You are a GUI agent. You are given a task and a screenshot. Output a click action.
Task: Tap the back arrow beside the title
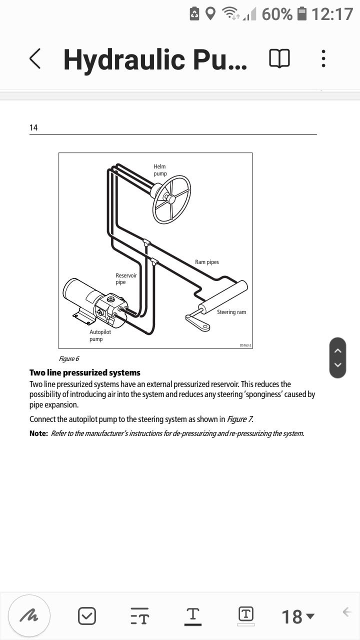(x=34, y=59)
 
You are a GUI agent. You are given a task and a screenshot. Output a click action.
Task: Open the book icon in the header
(x=279, y=59)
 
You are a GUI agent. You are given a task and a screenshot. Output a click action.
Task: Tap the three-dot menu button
(x=323, y=59)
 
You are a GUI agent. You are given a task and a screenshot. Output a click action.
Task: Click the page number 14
(x=33, y=127)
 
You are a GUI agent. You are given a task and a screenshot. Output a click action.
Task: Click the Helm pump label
(x=160, y=170)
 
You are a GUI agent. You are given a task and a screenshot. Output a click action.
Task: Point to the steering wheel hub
(x=171, y=199)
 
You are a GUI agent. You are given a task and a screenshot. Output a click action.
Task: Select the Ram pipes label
(x=206, y=262)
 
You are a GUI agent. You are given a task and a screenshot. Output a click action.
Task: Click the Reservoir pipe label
(x=126, y=279)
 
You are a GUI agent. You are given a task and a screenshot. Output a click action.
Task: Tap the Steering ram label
(x=231, y=312)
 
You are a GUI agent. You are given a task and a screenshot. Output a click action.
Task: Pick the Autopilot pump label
(x=100, y=335)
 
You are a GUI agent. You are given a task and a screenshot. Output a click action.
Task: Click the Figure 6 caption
(x=69, y=358)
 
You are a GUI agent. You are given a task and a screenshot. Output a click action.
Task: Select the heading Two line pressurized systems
(x=85, y=372)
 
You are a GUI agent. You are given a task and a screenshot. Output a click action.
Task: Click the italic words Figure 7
(x=239, y=419)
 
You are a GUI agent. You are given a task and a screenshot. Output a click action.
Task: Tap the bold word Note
(x=38, y=433)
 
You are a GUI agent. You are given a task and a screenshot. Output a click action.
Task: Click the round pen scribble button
(x=29, y=615)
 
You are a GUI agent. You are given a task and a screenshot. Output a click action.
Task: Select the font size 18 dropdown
(x=298, y=616)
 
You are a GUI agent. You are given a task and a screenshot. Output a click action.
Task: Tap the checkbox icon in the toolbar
(x=87, y=616)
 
